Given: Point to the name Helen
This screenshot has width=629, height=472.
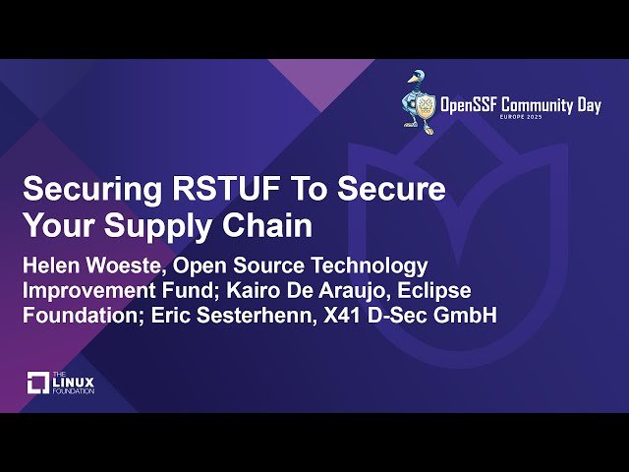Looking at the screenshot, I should coord(50,265).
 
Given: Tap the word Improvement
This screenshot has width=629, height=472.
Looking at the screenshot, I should coord(87,291).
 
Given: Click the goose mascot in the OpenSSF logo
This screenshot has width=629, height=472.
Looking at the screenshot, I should coord(420,98).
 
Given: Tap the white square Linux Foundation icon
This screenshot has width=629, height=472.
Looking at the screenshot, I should coord(37,383).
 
